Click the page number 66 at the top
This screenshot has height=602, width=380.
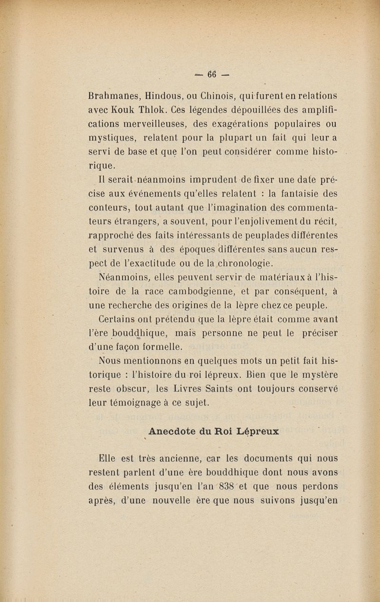click(211, 74)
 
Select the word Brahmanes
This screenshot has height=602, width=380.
click(114, 95)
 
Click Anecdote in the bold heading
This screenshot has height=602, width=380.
click(172, 432)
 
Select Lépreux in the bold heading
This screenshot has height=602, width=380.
click(257, 432)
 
